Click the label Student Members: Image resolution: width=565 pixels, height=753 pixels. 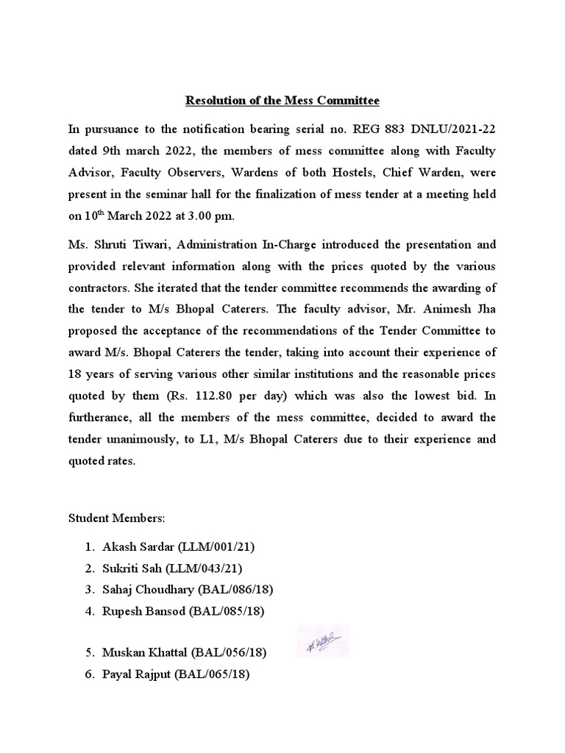click(118, 518)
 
